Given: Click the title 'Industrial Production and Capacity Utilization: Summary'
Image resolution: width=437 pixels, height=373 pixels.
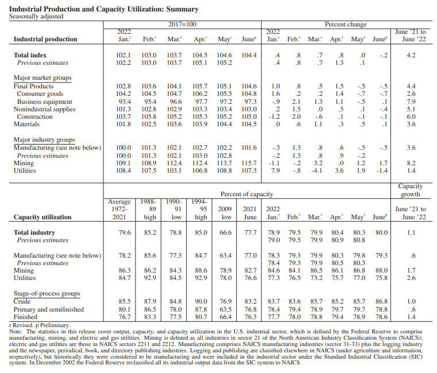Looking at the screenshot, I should pyautogui.click(x=104, y=9).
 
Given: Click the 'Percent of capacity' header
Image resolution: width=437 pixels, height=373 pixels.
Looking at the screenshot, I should pyautogui.click(x=247, y=195).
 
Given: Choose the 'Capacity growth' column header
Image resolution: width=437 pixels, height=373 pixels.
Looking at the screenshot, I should pyautogui.click(x=410, y=190).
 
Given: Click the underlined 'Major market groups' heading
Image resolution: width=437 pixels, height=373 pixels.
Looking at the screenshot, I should pyautogui.click(x=42, y=77).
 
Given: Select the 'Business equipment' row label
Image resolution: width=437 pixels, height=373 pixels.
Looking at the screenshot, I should pyautogui.click(x=44, y=102).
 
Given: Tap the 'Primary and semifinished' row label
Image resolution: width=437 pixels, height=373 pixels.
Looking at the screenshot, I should pyautogui.click(x=49, y=309).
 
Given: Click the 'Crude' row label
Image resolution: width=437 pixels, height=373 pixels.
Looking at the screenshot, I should pyautogui.click(x=22, y=301).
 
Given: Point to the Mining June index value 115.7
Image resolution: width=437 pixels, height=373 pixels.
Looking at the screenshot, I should pyautogui.click(x=249, y=163).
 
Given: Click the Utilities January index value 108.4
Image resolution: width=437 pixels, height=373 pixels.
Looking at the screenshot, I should pyautogui.click(x=123, y=170).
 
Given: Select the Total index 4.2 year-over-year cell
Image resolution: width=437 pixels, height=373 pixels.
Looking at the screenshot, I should pyautogui.click(x=411, y=55).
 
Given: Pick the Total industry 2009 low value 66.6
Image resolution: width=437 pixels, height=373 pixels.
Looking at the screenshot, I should pyautogui.click(x=226, y=233).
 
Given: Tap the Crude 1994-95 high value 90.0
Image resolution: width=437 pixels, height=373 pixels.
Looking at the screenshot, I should pyautogui.click(x=201, y=301).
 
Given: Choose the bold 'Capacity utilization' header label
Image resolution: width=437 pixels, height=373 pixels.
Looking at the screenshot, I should pyautogui.click(x=42, y=217).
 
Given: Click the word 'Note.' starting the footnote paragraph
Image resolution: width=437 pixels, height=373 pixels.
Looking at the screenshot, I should pyautogui.click(x=17, y=331).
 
